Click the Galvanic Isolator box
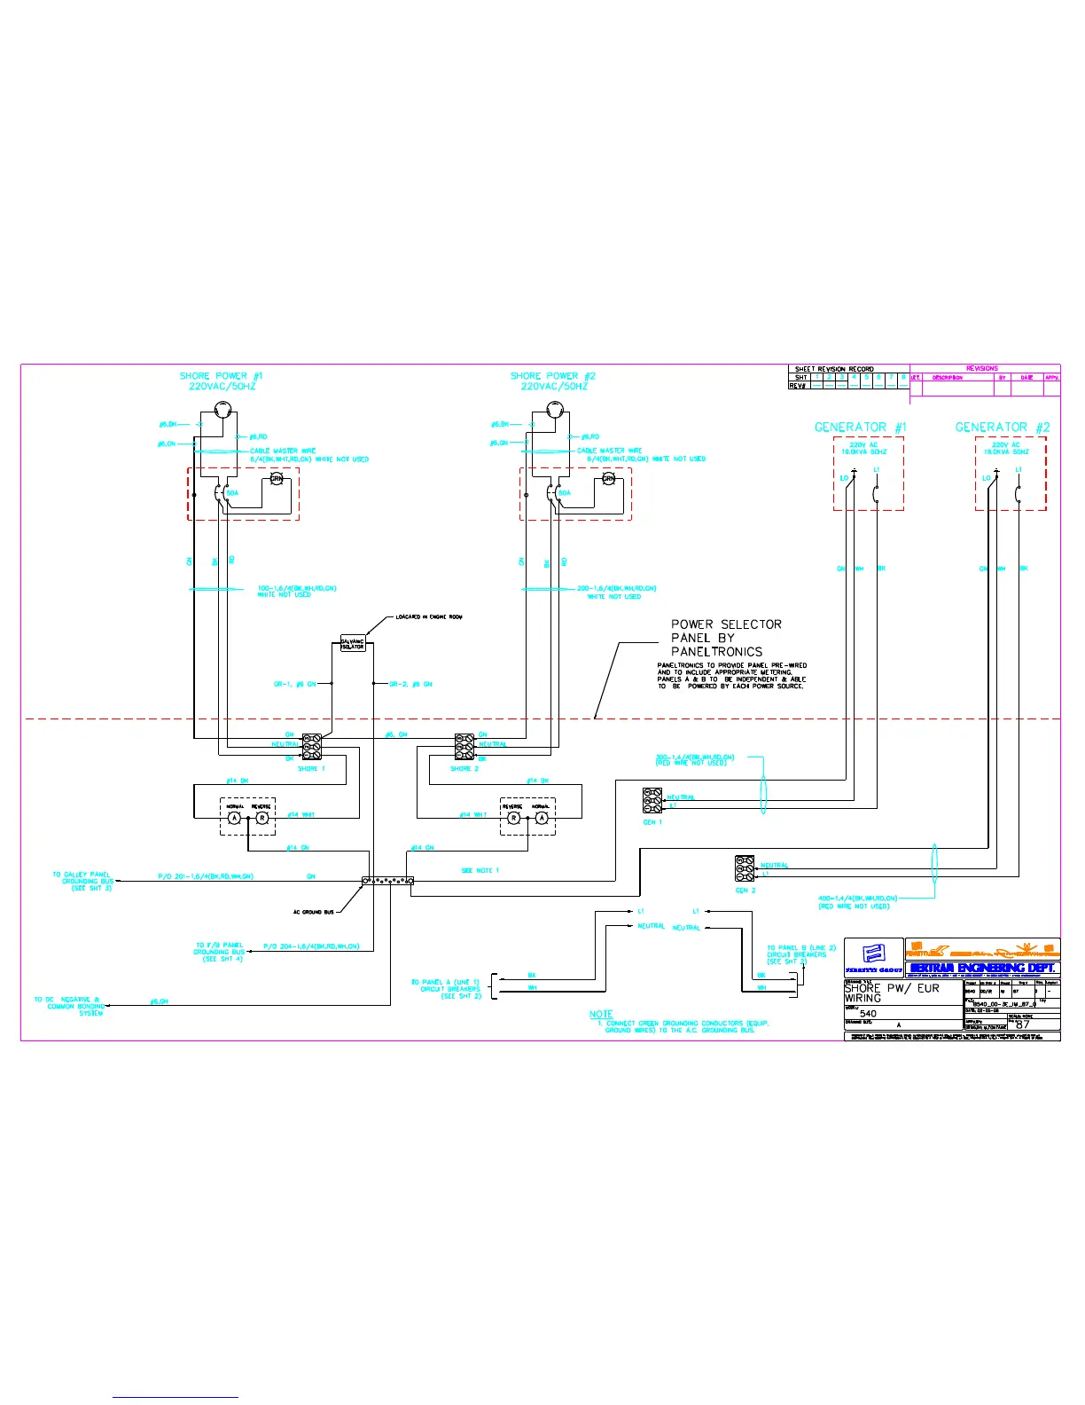click(353, 643)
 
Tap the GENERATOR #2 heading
click(1002, 428)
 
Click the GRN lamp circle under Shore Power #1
click(276, 479)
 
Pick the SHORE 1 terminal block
click(311, 746)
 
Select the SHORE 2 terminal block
click(464, 746)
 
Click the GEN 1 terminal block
click(652, 800)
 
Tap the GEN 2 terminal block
click(745, 867)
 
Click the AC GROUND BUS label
click(314, 912)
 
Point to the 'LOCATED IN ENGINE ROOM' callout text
click(429, 616)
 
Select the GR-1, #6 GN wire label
click(294, 684)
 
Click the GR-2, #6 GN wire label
click(410, 684)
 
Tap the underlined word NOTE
click(601, 1014)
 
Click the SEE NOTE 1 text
click(480, 870)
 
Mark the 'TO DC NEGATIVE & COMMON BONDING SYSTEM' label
click(69, 1006)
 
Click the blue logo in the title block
click(873, 956)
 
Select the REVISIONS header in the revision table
click(981, 368)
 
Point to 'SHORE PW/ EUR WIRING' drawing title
click(891, 993)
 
